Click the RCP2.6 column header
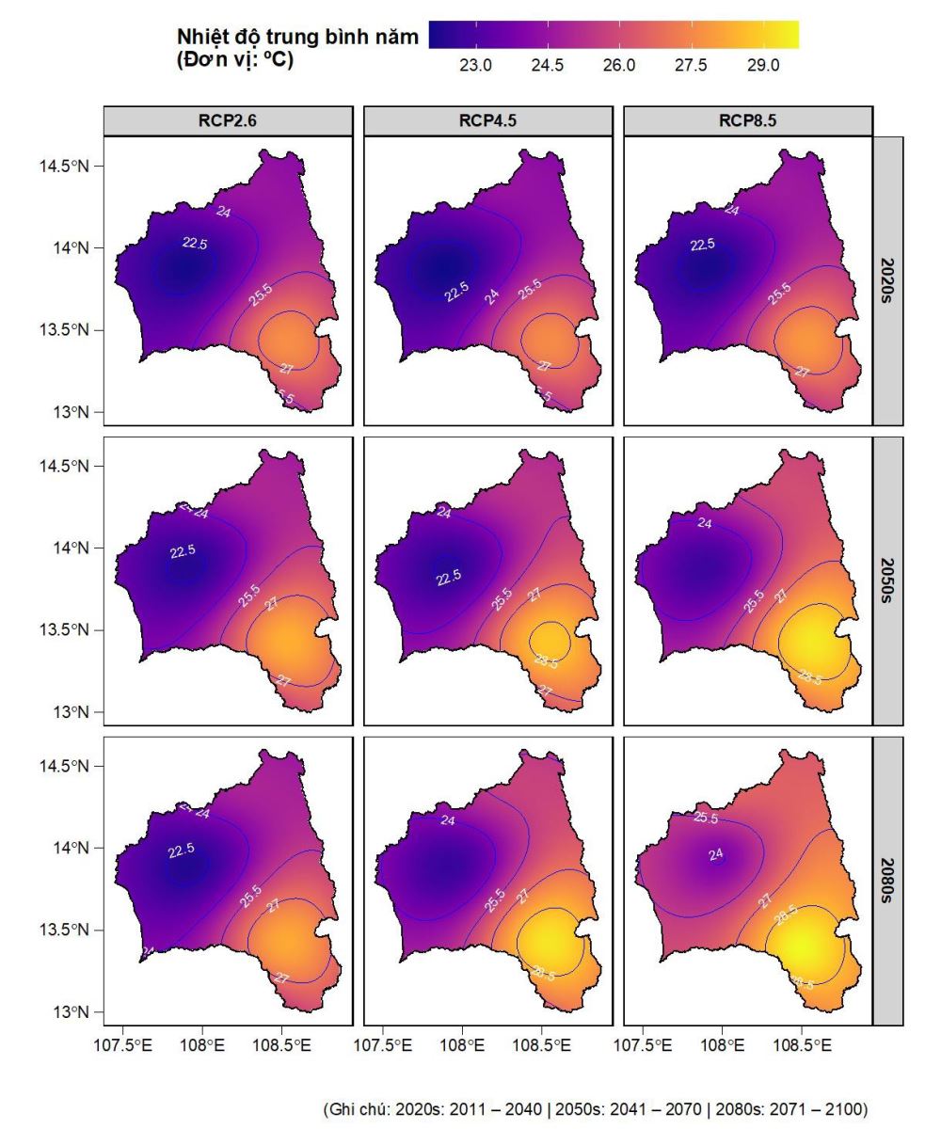click(228, 121)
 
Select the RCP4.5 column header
click(487, 121)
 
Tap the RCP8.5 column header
click(747, 121)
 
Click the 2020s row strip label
click(888, 280)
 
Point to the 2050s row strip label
click(888, 580)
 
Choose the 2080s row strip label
click(888, 881)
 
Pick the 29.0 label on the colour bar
click(763, 65)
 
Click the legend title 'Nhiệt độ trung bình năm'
click(297, 38)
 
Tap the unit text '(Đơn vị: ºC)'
click(235, 59)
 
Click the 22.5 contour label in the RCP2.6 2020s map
click(195, 243)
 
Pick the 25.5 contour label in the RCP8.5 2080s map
click(706, 819)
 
